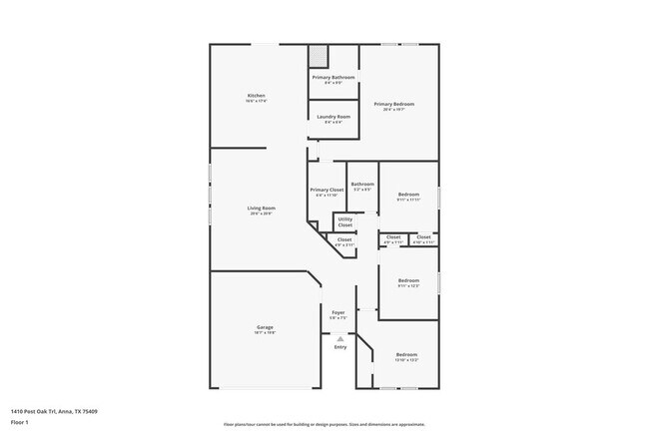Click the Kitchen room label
256,96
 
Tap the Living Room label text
261,208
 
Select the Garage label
265,327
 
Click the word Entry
340,347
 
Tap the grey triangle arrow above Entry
340,338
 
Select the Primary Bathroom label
333,78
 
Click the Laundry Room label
333,117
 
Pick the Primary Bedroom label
393,104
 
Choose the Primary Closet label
326,190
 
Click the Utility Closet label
344,221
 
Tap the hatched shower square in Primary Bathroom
318,56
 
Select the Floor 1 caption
20,422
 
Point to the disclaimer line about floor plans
324,424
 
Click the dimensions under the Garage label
265,333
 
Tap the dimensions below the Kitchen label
256,102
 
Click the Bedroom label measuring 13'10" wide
406,355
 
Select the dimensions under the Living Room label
261,214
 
